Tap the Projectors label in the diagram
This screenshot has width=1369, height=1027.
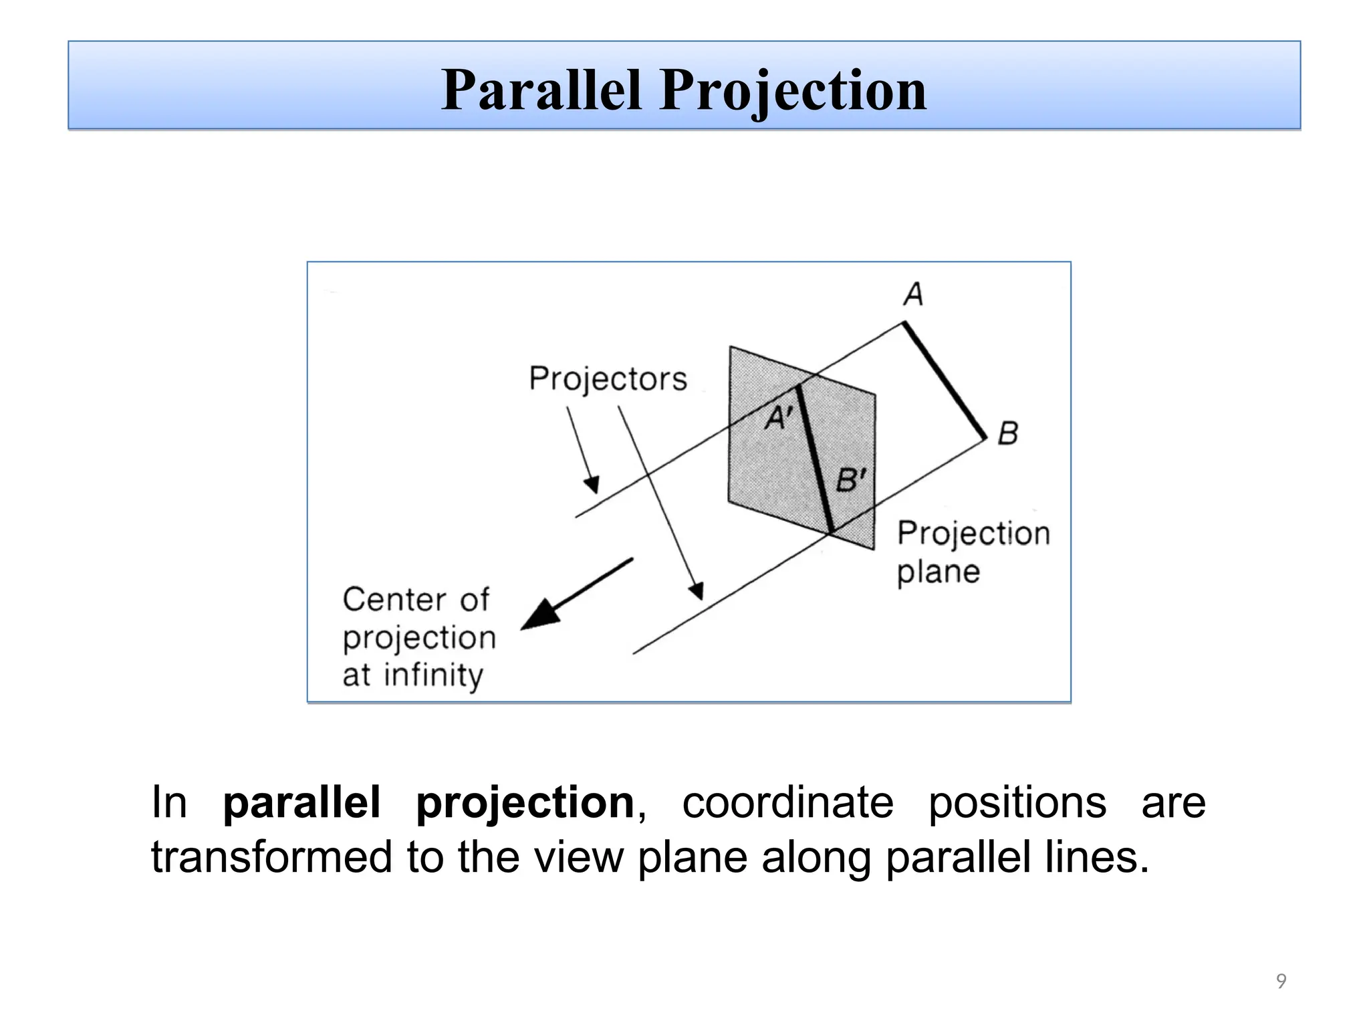click(x=608, y=379)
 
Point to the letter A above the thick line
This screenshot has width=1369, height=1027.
click(x=913, y=294)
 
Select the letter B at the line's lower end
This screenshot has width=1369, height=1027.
click(x=1007, y=433)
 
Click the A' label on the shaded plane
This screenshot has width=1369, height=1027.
click(x=778, y=419)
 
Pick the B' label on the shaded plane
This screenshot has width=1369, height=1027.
click(x=851, y=480)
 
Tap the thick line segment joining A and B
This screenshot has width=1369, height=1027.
click(x=945, y=381)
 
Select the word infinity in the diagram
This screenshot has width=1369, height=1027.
click(x=433, y=675)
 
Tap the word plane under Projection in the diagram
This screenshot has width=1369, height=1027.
click(x=939, y=572)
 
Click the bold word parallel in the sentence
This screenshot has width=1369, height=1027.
click(x=301, y=802)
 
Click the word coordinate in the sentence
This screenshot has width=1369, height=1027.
click(x=787, y=802)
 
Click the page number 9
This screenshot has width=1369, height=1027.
click(x=1281, y=981)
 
